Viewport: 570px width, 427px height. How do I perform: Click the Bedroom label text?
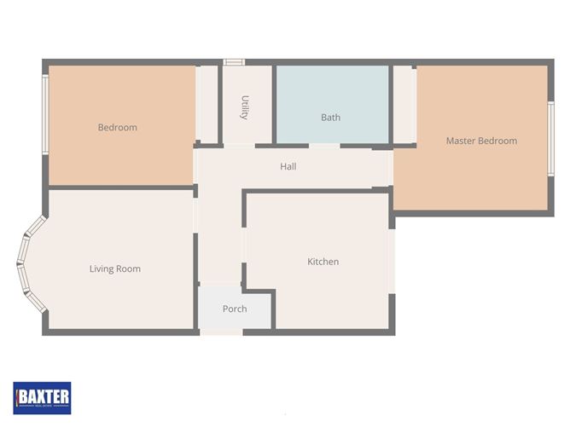(x=117, y=128)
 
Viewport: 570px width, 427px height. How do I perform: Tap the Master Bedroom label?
(x=481, y=141)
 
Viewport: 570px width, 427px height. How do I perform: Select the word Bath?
(x=330, y=118)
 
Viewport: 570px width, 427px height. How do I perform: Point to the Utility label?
(x=245, y=107)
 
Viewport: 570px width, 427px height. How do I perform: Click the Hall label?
(x=288, y=166)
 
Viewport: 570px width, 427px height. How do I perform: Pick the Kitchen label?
(x=323, y=262)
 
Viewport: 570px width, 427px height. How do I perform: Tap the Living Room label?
(x=114, y=269)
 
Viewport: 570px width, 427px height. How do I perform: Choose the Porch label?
(x=235, y=309)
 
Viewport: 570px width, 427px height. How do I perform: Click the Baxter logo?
(x=42, y=396)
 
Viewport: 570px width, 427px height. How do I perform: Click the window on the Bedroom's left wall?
(x=45, y=114)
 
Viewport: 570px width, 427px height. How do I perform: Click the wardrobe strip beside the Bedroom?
(x=206, y=104)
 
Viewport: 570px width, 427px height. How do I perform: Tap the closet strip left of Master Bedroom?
(x=404, y=104)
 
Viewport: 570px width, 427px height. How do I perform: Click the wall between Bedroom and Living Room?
(x=119, y=187)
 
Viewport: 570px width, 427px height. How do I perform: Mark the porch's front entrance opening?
(x=221, y=331)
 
